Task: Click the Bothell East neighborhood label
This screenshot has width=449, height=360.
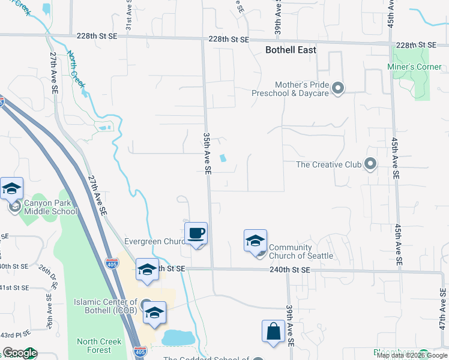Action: (291, 50)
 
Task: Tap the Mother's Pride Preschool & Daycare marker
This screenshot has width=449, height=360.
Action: (338, 89)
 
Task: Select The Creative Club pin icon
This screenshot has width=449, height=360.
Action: (370, 164)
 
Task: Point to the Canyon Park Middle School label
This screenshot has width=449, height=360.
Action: (50, 207)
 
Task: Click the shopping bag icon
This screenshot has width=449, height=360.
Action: (273, 331)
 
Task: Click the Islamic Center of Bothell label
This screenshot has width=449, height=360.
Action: (105, 306)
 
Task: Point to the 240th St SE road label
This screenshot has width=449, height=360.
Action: (289, 271)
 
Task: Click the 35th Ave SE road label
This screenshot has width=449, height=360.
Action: (206, 154)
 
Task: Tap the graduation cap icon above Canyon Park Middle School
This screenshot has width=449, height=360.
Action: (12, 189)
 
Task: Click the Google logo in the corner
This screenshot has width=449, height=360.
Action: (19, 353)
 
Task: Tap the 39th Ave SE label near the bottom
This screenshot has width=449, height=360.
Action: (289, 325)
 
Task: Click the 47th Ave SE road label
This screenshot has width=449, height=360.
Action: (443, 308)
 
